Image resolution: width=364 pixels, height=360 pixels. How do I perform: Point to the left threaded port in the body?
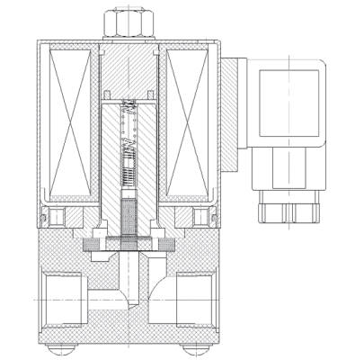tap(58, 297)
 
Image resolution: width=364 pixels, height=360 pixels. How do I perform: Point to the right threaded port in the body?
tap(200, 297)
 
